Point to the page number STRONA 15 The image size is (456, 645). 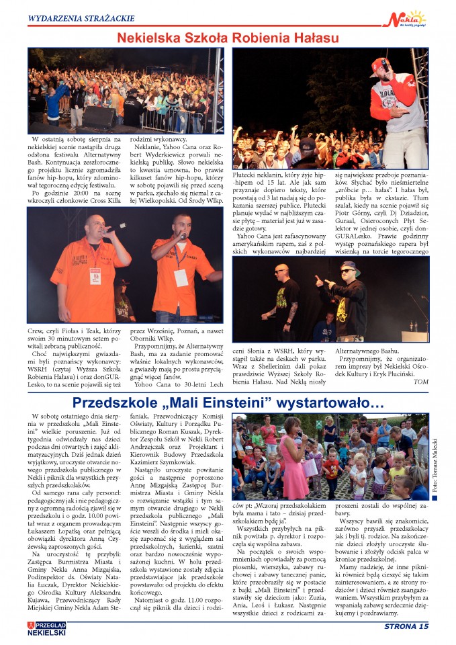coord(405,627)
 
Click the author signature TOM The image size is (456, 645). coord(421,382)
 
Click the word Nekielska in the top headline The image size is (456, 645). coord(148,38)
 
